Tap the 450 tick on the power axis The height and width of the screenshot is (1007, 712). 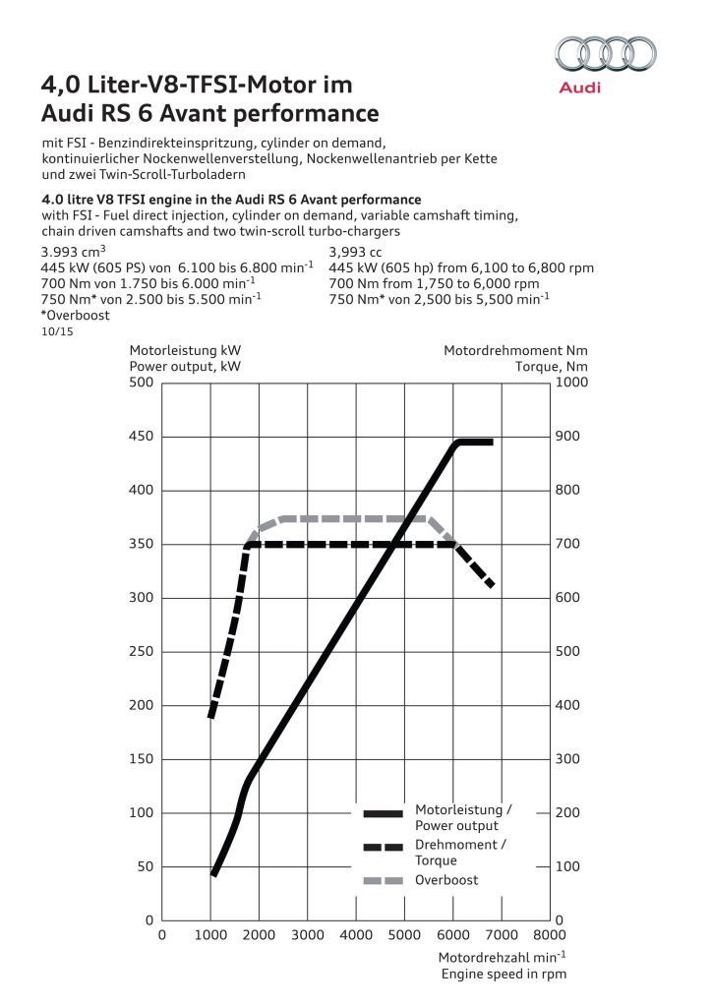[142, 437]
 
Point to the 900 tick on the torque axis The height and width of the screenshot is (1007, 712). [569, 437]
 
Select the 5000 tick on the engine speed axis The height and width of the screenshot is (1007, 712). [404, 934]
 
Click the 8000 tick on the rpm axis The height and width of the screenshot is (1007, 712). [550, 934]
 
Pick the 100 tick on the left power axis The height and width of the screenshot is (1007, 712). [142, 813]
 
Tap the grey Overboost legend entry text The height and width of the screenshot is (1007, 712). [446, 880]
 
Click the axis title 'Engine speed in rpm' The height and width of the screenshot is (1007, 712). [504, 974]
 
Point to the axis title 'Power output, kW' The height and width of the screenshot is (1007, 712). [185, 366]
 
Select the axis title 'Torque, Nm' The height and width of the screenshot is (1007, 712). [536, 366]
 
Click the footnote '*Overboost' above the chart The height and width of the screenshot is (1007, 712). [75, 316]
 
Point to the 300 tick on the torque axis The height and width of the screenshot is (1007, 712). [569, 759]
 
